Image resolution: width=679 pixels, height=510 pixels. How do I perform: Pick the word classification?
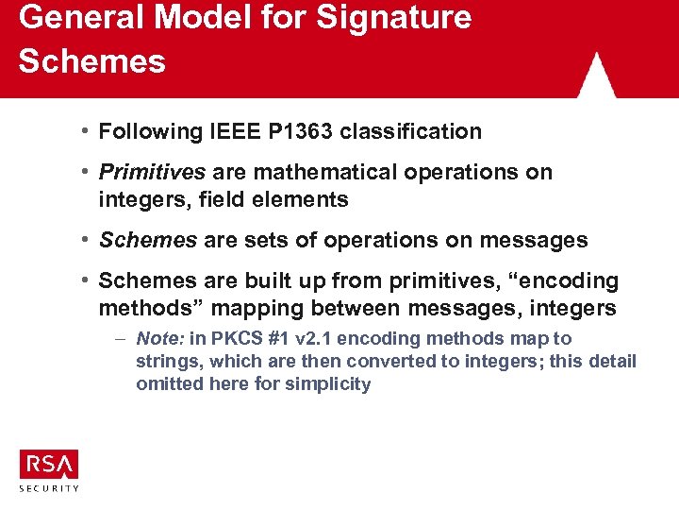tap(411, 131)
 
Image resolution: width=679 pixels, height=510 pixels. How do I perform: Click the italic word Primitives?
tap(153, 172)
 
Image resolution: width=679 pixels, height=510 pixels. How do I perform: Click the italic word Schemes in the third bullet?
tap(148, 240)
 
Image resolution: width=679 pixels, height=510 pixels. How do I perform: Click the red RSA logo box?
tap(49, 464)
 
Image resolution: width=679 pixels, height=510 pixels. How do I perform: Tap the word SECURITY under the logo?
tap(49, 487)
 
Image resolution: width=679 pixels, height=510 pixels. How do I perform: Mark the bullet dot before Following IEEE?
tap(86, 131)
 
